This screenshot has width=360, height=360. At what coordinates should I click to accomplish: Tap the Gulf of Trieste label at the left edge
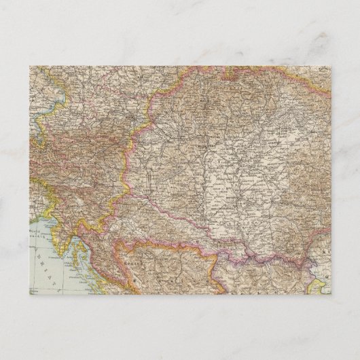[33, 232]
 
